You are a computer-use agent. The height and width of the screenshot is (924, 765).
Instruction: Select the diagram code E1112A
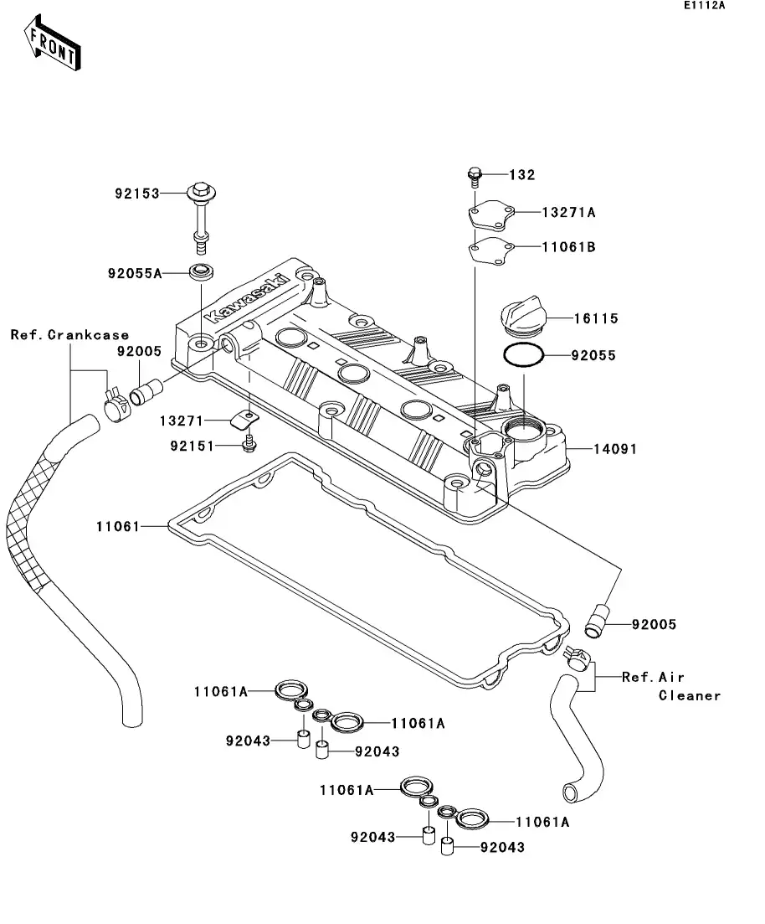tap(703, 6)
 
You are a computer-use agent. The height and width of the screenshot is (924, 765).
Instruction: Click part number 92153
tap(136, 193)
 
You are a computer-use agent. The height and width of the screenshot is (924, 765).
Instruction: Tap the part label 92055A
tap(134, 273)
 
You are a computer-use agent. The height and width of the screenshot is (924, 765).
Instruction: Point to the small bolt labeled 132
tap(474, 176)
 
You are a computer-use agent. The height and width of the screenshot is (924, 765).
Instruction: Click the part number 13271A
tap(568, 213)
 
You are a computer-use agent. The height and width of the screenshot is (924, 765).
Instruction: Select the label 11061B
tap(568, 247)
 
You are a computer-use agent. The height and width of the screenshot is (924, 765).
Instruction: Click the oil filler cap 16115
tap(520, 318)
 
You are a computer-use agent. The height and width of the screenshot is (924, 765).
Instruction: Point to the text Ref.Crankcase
tap(69, 335)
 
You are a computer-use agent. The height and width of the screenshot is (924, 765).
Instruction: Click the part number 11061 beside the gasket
tap(116, 526)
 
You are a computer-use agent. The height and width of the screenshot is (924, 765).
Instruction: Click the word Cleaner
tap(689, 695)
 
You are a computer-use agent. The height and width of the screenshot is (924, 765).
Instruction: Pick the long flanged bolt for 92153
tap(201, 214)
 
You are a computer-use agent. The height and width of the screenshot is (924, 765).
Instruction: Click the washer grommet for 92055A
tap(201, 271)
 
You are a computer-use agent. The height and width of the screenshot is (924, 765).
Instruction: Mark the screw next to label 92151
tap(248, 445)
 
